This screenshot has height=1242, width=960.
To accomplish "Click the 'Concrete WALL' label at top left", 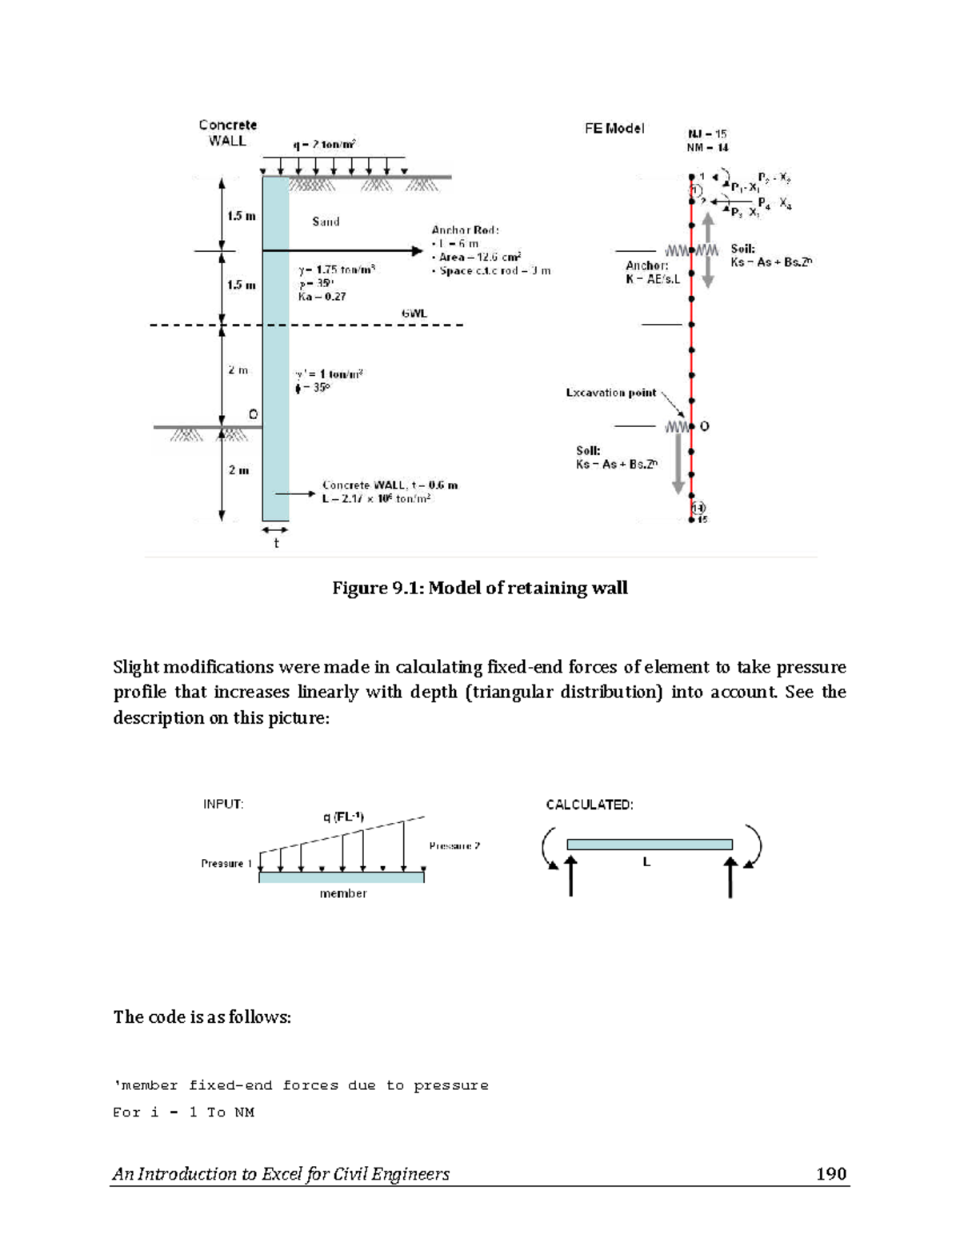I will [x=227, y=133].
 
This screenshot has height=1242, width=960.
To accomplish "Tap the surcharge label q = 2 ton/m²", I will [x=324, y=145].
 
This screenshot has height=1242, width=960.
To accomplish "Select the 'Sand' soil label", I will [x=326, y=222].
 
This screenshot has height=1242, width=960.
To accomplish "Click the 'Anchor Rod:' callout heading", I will [x=466, y=230].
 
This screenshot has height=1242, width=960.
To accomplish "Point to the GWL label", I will [x=414, y=313].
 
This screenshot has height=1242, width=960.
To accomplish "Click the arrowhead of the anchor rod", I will [x=417, y=251].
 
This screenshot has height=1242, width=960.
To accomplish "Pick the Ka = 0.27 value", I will [x=322, y=297].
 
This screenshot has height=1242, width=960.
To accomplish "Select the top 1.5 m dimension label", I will [x=241, y=216].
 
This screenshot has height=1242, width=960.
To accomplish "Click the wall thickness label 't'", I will [x=276, y=544].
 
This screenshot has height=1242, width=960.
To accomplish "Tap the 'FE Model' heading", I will [x=614, y=129].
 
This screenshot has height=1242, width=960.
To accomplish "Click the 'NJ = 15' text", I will [x=707, y=134].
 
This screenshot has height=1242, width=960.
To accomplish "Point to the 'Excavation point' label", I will [x=611, y=393].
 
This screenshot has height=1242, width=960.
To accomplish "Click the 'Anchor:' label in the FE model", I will [x=646, y=266].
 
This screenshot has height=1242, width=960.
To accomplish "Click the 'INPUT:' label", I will [x=223, y=805].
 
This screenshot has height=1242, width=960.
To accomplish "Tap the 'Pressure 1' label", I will [x=226, y=864].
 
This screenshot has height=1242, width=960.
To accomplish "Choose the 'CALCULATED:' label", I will [x=590, y=805].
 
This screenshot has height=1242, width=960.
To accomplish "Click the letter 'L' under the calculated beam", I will [x=646, y=863].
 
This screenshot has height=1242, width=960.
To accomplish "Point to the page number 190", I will [x=830, y=1174].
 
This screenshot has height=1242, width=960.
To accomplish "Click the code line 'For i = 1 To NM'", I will [x=183, y=1112].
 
